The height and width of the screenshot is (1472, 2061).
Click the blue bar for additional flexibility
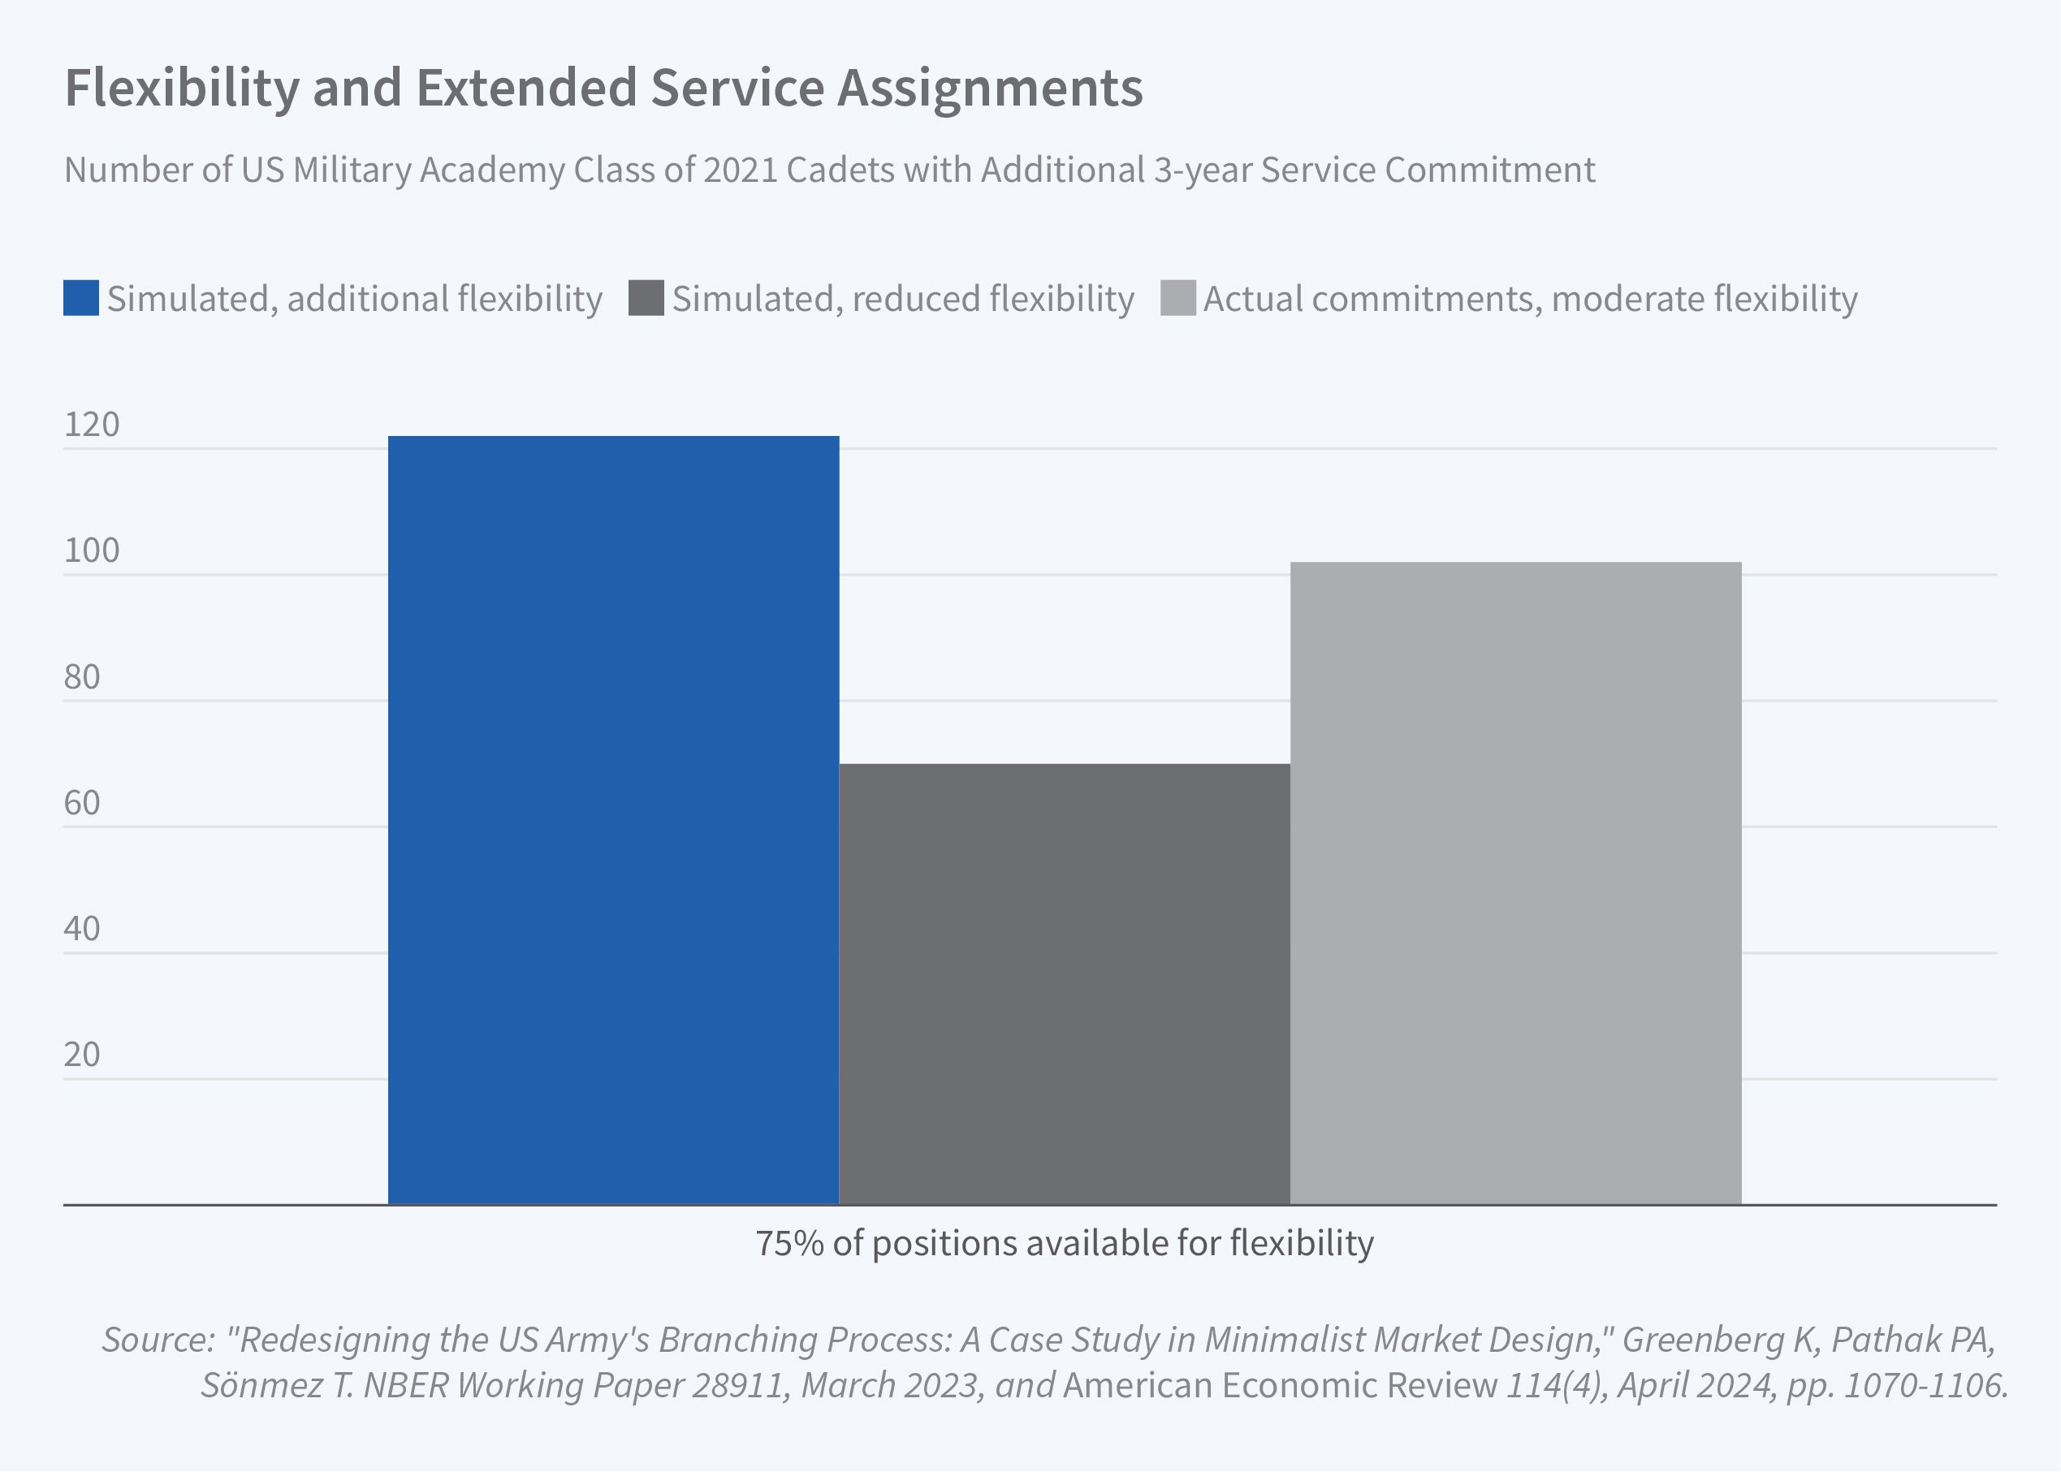614,820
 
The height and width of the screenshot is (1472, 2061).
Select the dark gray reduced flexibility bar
1064,983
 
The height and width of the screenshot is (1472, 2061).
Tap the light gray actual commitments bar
1515,883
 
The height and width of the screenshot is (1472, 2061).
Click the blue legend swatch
80,298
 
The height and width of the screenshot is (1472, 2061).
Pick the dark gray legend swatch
646,298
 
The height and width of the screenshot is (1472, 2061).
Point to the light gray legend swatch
1177,298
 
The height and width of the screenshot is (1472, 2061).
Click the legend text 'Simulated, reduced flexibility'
903,299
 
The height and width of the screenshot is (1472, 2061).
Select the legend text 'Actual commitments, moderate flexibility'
1530,299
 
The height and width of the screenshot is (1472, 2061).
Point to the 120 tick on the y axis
92,424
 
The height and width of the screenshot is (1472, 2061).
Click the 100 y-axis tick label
92,550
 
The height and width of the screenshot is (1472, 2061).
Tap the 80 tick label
83,677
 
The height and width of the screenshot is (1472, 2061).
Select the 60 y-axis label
83,803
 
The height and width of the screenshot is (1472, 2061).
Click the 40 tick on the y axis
83,929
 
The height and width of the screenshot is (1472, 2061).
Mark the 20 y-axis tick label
83,1055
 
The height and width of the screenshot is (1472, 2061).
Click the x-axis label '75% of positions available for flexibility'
1064,1244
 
